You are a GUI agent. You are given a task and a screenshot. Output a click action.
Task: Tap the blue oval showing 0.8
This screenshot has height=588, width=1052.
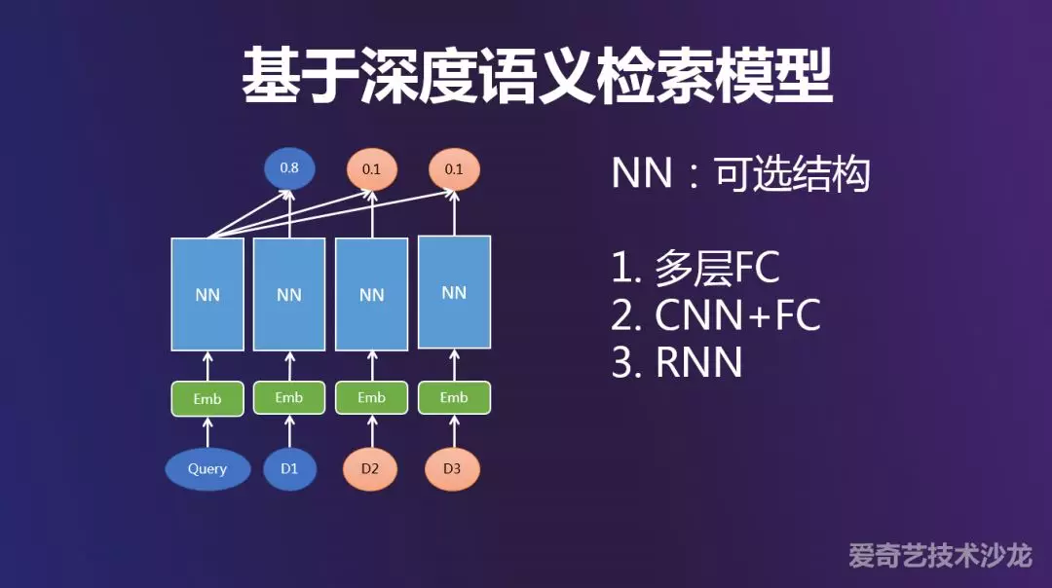289,168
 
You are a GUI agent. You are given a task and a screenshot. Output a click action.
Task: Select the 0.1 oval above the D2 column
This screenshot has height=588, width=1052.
371,169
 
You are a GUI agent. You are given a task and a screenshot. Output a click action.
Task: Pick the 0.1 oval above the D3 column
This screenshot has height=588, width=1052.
454,168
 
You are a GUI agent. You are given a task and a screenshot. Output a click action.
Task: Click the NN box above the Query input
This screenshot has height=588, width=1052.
207,294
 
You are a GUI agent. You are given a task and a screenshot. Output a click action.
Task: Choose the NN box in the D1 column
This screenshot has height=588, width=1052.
289,294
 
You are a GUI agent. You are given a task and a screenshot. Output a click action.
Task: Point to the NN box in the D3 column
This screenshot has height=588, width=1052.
454,292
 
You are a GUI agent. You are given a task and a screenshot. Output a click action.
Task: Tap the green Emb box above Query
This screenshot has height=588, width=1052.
207,399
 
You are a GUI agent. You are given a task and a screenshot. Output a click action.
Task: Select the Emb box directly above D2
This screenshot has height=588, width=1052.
371,398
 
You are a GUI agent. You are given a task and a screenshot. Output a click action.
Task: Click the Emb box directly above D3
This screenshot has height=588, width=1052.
454,397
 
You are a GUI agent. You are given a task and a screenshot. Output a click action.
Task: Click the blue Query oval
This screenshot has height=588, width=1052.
207,469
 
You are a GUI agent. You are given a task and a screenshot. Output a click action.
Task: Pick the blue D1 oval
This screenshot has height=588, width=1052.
289,469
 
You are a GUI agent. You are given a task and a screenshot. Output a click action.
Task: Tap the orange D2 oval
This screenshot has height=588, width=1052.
370,469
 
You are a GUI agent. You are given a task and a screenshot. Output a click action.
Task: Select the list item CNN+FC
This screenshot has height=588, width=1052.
716,315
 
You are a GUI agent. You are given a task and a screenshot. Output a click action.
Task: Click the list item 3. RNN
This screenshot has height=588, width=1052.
677,362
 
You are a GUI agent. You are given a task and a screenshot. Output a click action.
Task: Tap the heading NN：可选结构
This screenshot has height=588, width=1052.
740,175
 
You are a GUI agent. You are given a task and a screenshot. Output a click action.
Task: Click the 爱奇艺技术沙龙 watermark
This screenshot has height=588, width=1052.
940,556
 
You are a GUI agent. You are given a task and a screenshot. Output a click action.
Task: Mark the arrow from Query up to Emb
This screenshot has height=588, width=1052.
207,432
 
